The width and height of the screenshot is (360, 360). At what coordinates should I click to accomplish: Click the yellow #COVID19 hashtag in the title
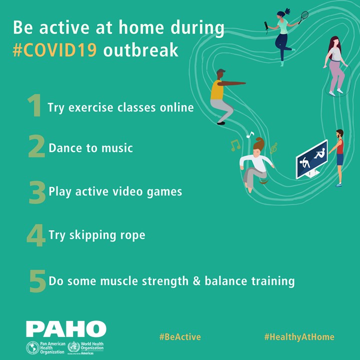click(x=54, y=50)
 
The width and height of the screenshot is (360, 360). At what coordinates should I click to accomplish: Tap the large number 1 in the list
click(x=34, y=105)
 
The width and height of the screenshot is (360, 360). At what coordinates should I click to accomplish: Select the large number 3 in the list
click(x=37, y=192)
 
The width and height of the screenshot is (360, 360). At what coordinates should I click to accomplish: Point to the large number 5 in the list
click(x=37, y=281)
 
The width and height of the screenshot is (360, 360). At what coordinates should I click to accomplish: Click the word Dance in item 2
click(x=65, y=148)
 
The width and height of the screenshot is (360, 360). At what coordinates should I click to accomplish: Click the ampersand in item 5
click(x=196, y=281)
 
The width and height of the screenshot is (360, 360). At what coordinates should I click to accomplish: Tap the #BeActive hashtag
click(x=180, y=337)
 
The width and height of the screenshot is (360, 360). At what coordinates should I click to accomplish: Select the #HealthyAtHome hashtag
click(x=299, y=337)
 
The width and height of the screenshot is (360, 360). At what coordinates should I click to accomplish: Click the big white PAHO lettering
click(x=66, y=329)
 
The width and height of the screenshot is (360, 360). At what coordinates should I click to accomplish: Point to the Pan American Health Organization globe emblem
click(x=32, y=347)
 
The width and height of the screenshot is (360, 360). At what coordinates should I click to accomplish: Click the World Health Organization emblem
click(x=73, y=347)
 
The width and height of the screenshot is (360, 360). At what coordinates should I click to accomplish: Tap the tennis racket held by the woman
click(x=303, y=17)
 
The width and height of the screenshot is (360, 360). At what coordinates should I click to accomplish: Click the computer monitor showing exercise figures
click(x=312, y=159)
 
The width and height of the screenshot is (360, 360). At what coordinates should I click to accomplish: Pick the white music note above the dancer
click(x=250, y=134)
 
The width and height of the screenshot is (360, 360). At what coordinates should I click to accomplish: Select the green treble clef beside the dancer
click(x=273, y=148)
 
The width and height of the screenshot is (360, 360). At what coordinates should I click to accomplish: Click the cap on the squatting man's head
click(x=220, y=71)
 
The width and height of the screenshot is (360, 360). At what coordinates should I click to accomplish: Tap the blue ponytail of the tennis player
click(x=287, y=11)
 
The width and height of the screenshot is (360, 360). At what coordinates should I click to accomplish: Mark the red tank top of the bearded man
click(x=340, y=146)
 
